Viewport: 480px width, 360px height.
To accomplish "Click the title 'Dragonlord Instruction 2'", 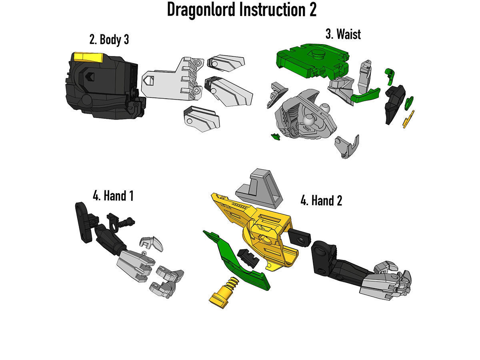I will tap(241, 10).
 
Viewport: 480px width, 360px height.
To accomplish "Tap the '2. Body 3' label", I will tap(109, 40).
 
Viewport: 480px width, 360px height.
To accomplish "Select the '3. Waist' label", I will tap(343, 34).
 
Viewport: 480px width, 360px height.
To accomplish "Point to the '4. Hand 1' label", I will tap(113, 196).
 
